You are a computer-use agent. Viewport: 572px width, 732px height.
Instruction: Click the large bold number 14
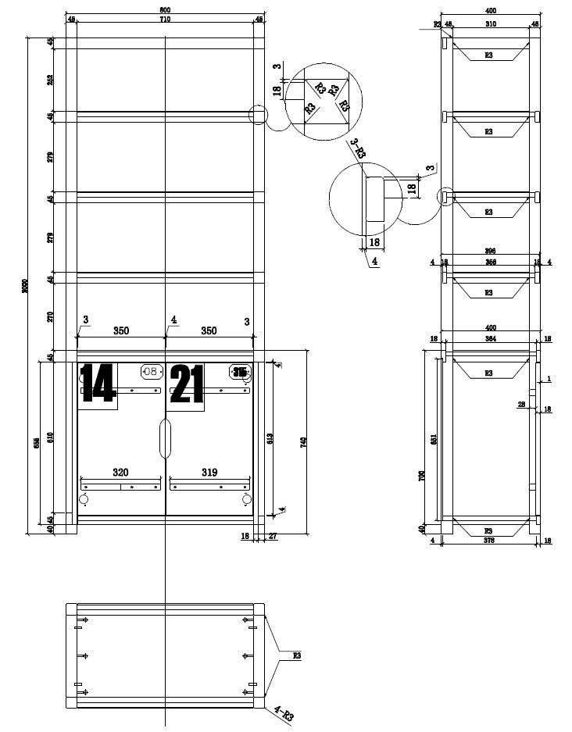coord(98,383)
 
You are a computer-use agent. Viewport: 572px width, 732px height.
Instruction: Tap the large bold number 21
coord(187,383)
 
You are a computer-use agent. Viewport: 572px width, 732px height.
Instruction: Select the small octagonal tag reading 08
coord(149,372)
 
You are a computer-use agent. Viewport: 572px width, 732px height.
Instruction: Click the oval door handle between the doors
coord(165,438)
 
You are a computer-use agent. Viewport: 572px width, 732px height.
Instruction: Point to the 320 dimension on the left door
coord(120,473)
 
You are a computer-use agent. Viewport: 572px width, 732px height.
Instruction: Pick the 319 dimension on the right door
coord(209,473)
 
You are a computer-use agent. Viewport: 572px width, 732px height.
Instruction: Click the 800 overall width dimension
coord(164,10)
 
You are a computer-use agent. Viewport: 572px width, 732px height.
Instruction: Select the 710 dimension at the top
coord(164,19)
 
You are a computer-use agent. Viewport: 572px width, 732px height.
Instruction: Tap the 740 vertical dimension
coord(303,442)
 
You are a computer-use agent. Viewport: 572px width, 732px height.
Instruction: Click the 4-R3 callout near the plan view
coord(283,714)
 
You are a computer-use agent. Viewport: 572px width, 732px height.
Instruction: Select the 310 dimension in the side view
coord(489,24)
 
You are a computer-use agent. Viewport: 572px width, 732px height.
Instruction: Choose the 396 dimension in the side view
coord(489,251)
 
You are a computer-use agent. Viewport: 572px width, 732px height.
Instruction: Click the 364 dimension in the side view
coord(489,338)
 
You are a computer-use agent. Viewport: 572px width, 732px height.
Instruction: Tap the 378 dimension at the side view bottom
coord(489,540)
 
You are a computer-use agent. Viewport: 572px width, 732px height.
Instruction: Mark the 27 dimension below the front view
coord(273,537)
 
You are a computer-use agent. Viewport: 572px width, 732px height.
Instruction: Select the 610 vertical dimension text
coord(51,437)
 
